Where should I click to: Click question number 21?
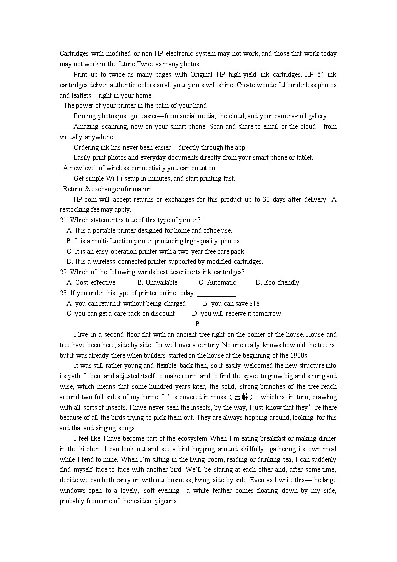[64, 220]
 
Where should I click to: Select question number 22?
[64, 272]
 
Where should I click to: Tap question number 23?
[64, 293]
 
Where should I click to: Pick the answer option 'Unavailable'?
[154, 283]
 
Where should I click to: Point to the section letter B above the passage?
[198, 324]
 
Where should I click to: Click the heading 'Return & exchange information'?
[107, 189]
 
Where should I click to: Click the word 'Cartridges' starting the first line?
[74, 54]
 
